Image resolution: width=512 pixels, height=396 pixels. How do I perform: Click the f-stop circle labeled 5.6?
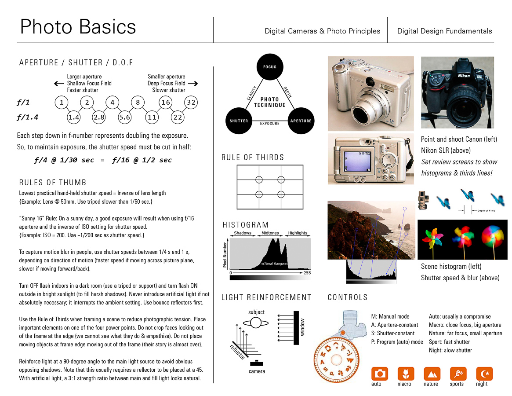pos(125,117)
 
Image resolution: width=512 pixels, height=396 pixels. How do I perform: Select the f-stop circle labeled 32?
pos(191,103)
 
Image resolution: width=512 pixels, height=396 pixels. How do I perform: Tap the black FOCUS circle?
pos(269,67)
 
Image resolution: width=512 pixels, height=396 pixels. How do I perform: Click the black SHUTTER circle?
pos(239,121)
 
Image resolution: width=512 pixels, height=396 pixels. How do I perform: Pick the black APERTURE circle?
pos(301,121)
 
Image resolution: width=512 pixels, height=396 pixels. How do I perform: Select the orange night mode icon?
pos(484,374)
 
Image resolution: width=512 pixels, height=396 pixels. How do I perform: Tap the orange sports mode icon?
pos(458,374)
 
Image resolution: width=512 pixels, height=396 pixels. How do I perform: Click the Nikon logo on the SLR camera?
pos(464,75)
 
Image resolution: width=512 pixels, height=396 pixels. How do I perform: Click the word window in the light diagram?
pos(302,326)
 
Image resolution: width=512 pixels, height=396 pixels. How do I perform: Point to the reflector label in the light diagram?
pos(237,352)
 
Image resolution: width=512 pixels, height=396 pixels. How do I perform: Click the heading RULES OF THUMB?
pos(53,183)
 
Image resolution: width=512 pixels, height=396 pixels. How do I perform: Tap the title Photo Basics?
pos(78,27)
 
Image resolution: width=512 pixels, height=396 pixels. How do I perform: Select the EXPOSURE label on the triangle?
pos(269,124)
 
